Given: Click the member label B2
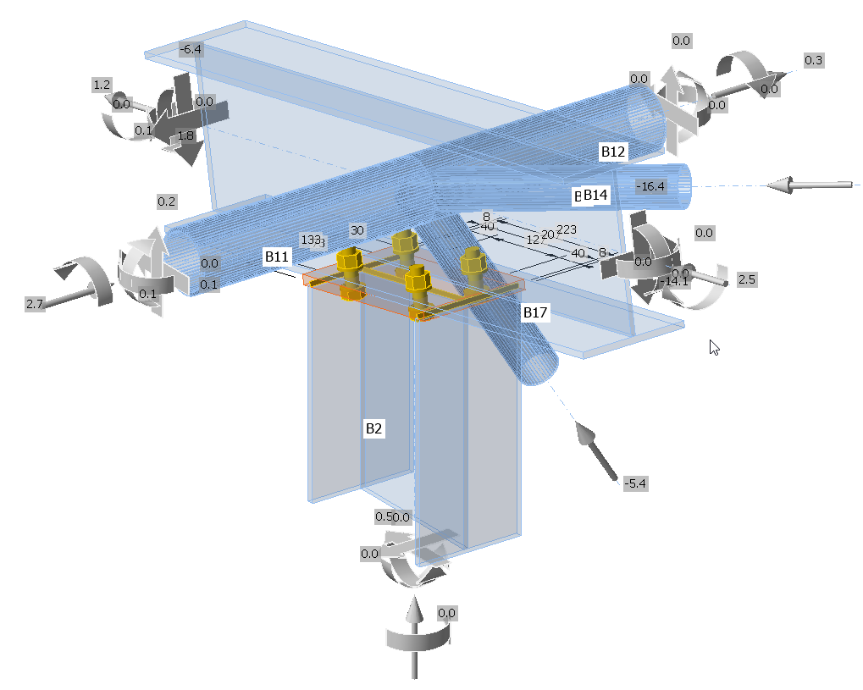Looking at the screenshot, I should click(x=373, y=428).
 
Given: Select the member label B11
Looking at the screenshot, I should click(x=277, y=257).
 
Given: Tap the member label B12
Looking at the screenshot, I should click(x=612, y=152).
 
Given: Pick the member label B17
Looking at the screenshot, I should click(x=535, y=313).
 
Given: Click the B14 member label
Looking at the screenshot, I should click(x=595, y=196).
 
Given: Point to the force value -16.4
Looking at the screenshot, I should click(x=652, y=186).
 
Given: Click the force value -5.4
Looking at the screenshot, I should click(x=635, y=483).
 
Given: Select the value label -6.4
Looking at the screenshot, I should click(x=191, y=49).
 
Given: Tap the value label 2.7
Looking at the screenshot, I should click(x=35, y=303).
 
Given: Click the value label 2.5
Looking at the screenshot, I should click(x=746, y=279).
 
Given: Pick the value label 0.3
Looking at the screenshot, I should click(x=813, y=60).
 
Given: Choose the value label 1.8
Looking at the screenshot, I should click(x=186, y=135).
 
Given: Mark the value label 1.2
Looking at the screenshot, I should click(x=102, y=85).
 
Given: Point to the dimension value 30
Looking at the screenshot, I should click(x=357, y=230).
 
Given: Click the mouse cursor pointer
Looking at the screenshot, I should click(x=714, y=346).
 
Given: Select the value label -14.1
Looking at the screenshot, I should click(x=676, y=281).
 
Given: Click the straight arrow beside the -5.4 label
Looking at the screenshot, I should click(x=597, y=453).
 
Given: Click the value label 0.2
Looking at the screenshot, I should click(x=167, y=201).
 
